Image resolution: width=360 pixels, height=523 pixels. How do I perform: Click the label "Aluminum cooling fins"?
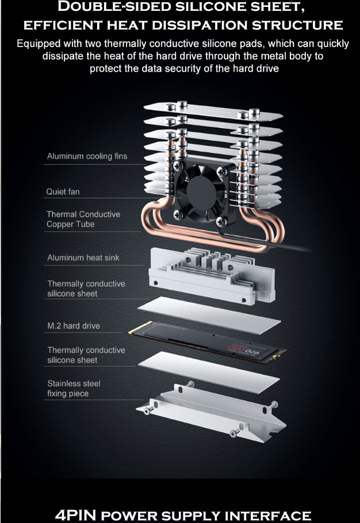tap(87, 156)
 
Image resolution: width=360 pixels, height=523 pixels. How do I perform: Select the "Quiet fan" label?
tap(63, 192)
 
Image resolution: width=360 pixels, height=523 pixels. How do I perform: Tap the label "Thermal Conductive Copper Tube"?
tap(83, 219)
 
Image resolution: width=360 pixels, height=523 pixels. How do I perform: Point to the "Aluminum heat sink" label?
tap(83, 257)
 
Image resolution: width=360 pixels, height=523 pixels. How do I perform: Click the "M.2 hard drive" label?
tap(74, 326)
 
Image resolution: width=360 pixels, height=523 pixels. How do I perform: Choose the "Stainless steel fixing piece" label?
tap(74, 389)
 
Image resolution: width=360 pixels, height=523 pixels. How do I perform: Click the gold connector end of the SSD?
tap(140, 328)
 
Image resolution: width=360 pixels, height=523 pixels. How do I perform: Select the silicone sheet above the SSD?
tap(209, 315)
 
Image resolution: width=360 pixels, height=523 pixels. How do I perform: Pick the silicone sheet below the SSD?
tap(209, 372)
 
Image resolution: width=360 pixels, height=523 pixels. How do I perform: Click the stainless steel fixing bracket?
tap(211, 413)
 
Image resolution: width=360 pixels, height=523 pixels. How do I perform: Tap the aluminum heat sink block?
tap(212, 275)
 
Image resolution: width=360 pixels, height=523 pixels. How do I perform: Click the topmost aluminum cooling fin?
tap(213, 111)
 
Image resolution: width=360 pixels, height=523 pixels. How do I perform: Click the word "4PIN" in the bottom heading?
tap(75, 515)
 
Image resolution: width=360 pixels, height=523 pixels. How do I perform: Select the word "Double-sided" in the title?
tap(114, 7)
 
